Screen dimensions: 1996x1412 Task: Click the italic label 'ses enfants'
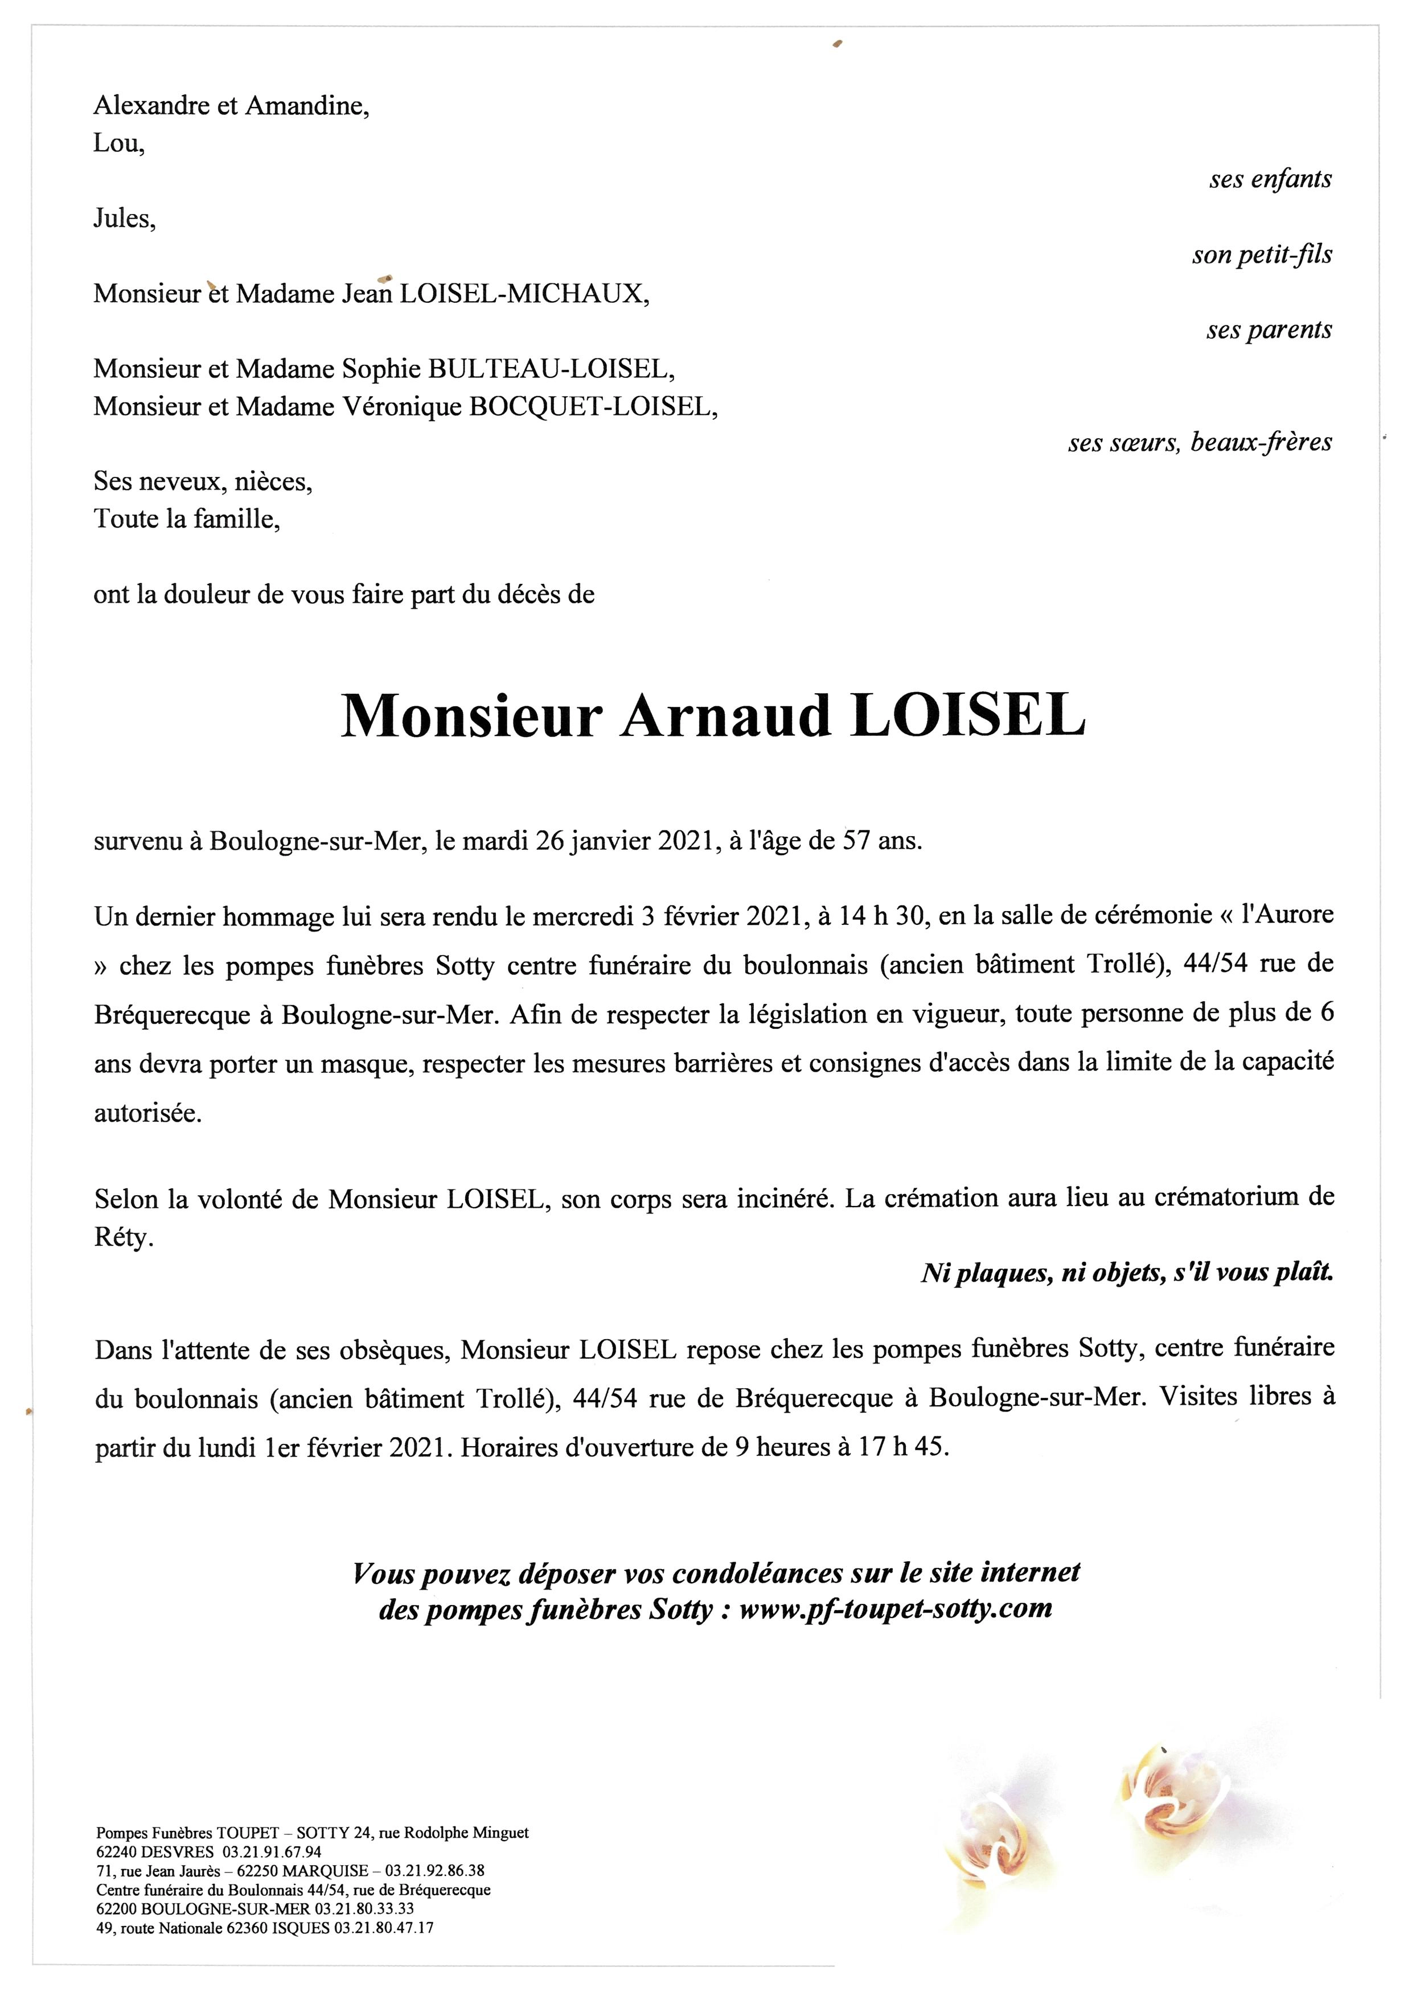(x=1270, y=180)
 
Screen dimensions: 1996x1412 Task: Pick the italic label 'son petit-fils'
(x=1262, y=256)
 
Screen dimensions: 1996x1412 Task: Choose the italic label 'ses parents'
(x=1269, y=330)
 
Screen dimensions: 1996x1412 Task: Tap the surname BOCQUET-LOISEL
(x=592, y=407)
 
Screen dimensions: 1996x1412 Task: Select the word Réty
(x=122, y=1237)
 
